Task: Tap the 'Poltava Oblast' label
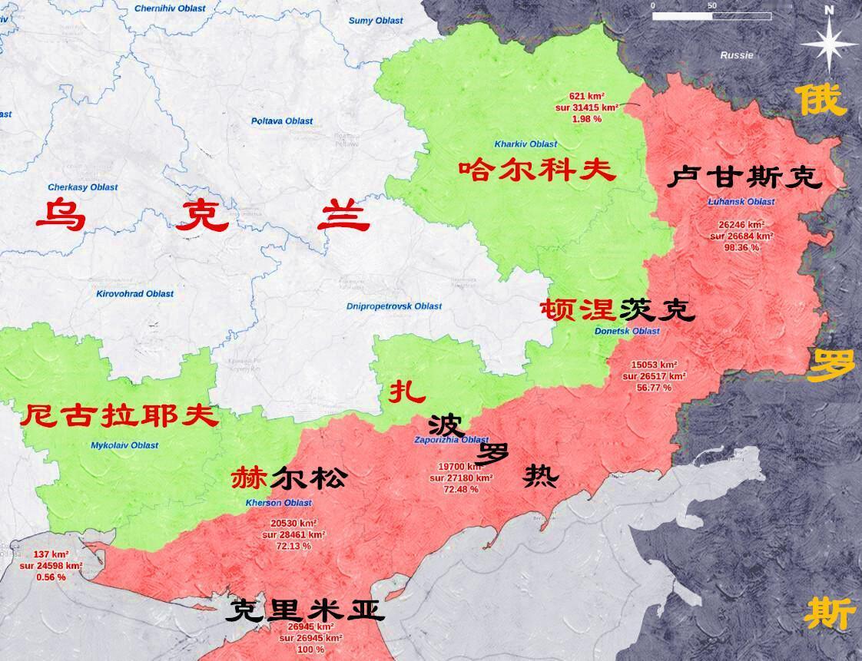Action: tap(282, 121)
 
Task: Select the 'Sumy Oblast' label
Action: tap(376, 21)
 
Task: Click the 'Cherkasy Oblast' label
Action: tap(83, 187)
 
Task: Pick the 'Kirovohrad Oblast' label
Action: tap(134, 294)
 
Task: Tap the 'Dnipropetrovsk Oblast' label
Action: tap(394, 306)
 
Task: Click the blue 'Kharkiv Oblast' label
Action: tap(526, 144)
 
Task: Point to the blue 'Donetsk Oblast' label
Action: tap(628, 332)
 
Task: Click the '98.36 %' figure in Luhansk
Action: tap(741, 248)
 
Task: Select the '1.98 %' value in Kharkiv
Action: tap(585, 119)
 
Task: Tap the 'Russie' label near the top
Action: tap(737, 55)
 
